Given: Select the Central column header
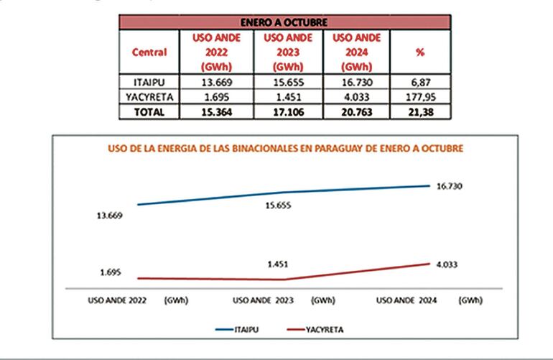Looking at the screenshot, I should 149,52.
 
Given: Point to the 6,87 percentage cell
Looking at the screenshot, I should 421,83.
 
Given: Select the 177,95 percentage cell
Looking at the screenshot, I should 421,97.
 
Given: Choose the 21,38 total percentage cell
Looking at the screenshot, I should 421,111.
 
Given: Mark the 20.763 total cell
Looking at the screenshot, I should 357,111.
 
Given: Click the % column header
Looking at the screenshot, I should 421,52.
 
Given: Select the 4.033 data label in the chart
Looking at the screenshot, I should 447,264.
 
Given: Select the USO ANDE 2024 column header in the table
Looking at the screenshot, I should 357,52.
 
